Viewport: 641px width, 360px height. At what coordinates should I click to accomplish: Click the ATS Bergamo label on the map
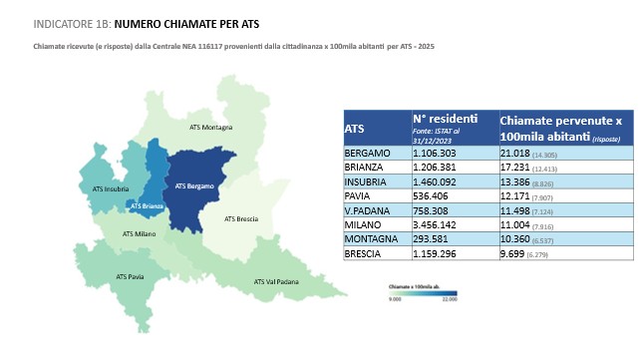coord(193,185)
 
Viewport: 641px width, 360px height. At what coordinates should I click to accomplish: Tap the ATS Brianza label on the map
coord(146,206)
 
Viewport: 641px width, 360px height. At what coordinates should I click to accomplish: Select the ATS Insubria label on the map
coord(100,186)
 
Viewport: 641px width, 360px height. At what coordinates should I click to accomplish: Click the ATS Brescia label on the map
coord(243,218)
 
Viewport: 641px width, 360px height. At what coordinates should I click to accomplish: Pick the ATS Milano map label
coord(140,233)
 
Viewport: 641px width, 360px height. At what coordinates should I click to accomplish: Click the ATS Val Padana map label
coord(277,282)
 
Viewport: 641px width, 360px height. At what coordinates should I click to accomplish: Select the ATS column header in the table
coord(354,129)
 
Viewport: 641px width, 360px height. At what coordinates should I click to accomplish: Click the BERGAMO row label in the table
coord(368,154)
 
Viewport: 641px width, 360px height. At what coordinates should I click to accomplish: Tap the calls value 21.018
coord(517,154)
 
